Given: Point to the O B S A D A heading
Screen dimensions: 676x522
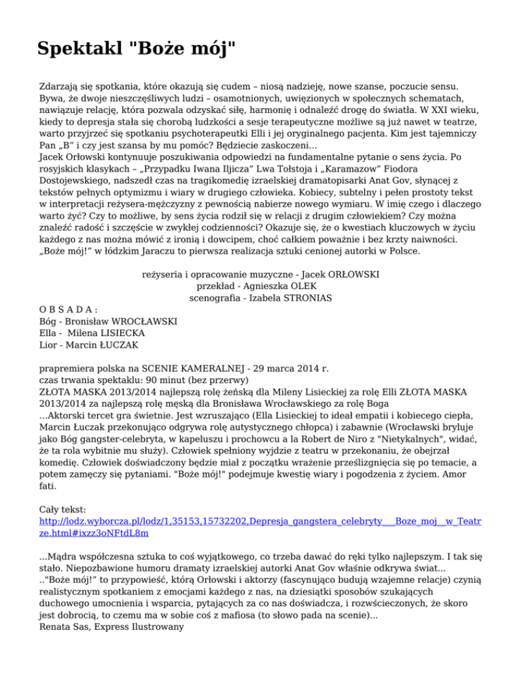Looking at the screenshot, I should (69, 307).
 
